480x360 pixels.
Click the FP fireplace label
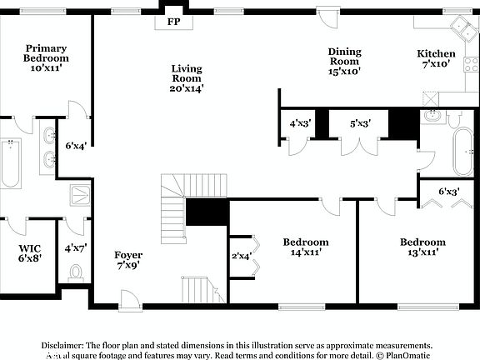click(x=173, y=21)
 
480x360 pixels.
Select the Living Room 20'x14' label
click(x=187, y=77)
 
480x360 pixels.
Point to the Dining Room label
click(x=343, y=56)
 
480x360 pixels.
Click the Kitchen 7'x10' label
click(x=436, y=58)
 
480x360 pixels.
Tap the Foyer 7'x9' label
click(x=128, y=260)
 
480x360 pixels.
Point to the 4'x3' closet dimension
click(x=300, y=123)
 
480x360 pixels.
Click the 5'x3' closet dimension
click(x=360, y=123)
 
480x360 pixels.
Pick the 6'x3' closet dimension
click(x=449, y=192)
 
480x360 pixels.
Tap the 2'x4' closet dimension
click(x=241, y=256)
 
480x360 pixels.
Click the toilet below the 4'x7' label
click(x=76, y=272)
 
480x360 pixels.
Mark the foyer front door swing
click(x=129, y=299)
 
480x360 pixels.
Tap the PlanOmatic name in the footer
click(x=408, y=355)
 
